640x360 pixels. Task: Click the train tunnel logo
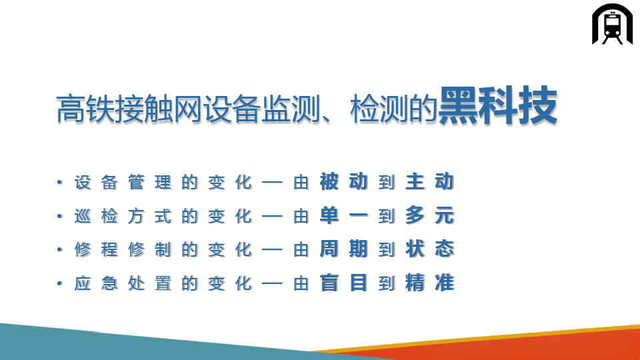(x=612, y=24)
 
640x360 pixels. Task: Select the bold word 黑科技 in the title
(x=498, y=106)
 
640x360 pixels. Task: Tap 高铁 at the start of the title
(x=85, y=109)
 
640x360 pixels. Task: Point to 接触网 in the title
(x=159, y=109)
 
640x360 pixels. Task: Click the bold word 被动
(x=344, y=181)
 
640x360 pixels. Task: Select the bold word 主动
(x=430, y=181)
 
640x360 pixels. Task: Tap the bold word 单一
(x=344, y=215)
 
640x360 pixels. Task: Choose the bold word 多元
(x=430, y=215)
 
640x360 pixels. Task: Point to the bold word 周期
(x=344, y=249)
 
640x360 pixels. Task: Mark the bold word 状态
(x=430, y=249)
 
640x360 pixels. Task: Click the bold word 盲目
(x=344, y=283)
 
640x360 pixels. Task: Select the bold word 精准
(x=430, y=283)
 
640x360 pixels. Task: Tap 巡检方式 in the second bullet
(x=123, y=216)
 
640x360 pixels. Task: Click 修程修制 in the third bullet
(x=123, y=249)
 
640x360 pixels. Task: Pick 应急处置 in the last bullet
(x=123, y=283)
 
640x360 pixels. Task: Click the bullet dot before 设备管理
(x=59, y=182)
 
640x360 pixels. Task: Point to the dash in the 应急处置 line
(x=272, y=283)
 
